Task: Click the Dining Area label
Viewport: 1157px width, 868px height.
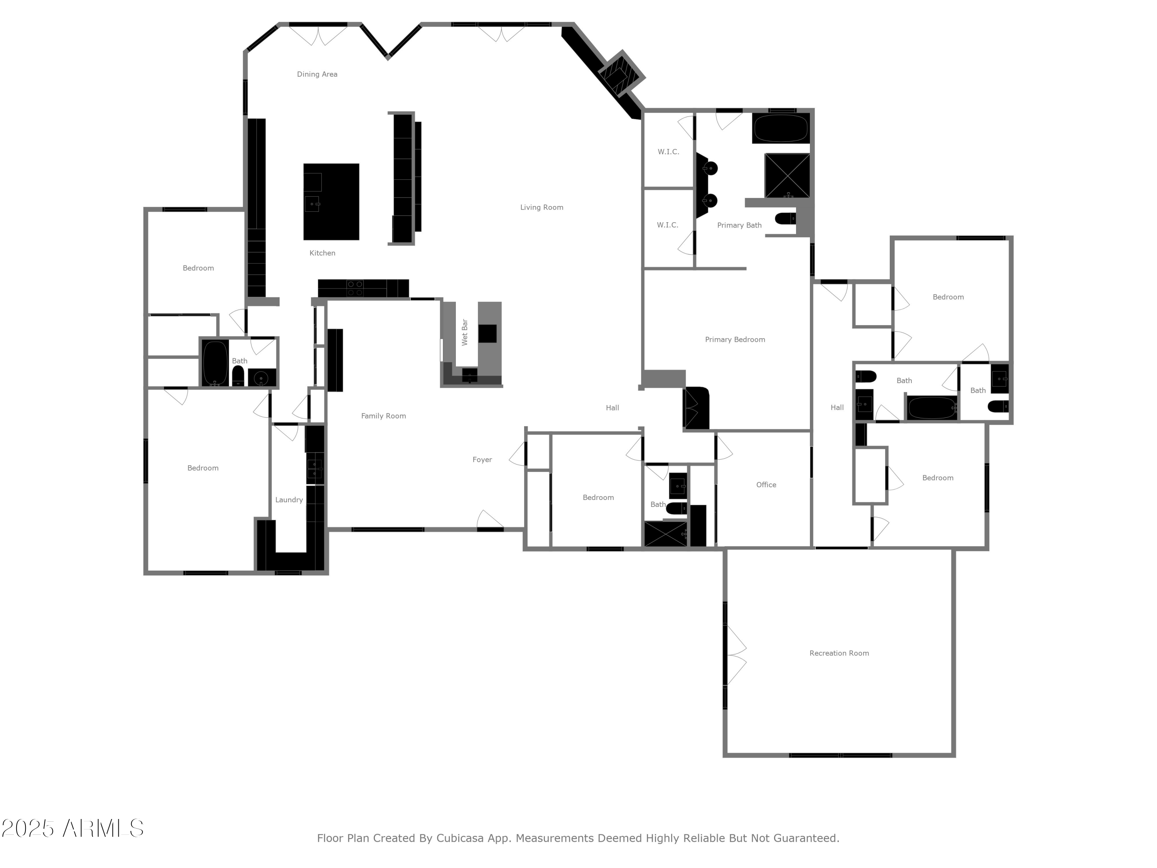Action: tap(317, 74)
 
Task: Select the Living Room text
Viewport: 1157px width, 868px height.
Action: tap(541, 207)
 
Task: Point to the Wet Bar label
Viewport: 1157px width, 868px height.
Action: tap(464, 332)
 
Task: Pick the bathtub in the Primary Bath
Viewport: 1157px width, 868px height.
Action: tap(781, 128)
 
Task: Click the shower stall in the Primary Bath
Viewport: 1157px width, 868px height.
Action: tap(787, 175)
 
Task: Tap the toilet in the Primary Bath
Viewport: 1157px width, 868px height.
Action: tap(785, 218)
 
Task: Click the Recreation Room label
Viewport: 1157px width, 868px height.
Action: tap(838, 653)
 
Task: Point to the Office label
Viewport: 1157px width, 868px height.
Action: tap(766, 485)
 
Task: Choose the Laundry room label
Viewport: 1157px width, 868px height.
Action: tap(289, 500)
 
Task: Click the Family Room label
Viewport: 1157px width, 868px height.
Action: tap(383, 416)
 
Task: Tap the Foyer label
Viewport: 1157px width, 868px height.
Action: tap(482, 459)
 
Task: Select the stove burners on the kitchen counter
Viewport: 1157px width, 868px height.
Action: tap(355, 288)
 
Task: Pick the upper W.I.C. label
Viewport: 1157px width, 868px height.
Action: tap(668, 152)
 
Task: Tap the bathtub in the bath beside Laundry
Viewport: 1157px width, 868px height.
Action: tap(215, 363)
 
